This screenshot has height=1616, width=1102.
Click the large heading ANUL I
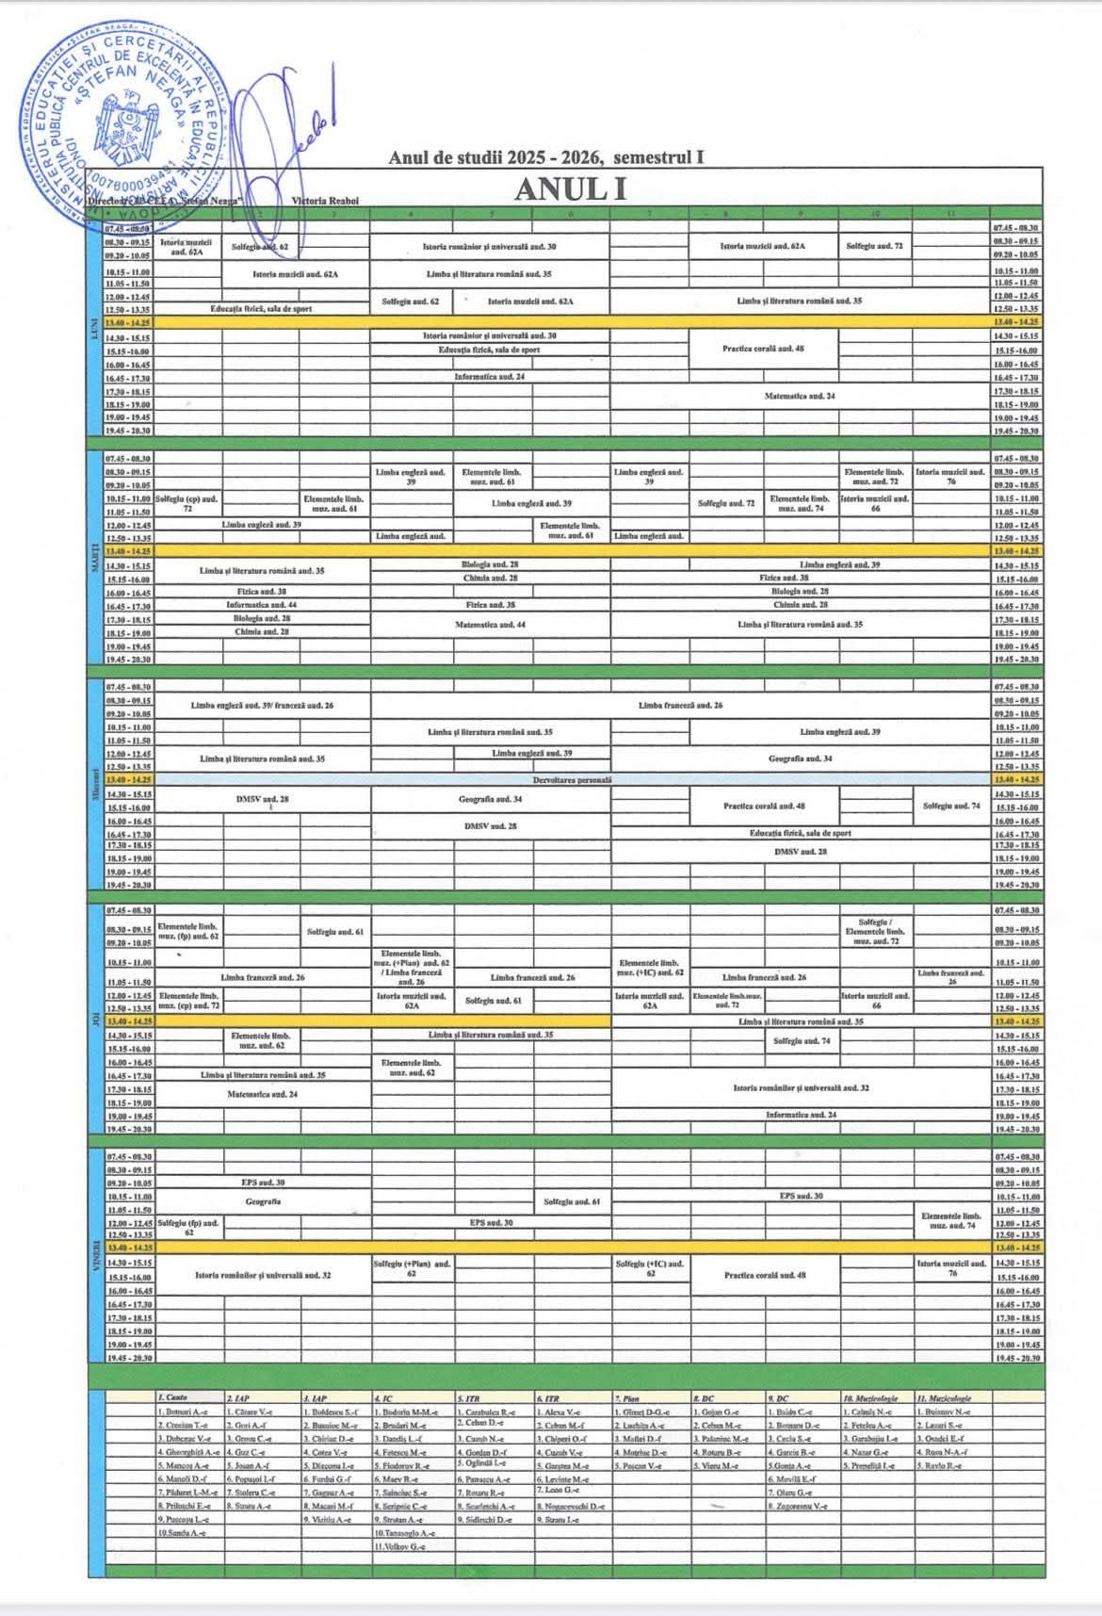(x=570, y=189)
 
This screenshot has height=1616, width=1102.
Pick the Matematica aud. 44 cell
(x=490, y=625)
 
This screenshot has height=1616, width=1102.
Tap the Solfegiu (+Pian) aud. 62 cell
(x=412, y=1268)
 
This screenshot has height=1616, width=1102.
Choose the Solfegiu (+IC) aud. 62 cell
(x=650, y=1268)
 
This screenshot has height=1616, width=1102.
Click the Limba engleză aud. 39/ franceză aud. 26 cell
(x=261, y=706)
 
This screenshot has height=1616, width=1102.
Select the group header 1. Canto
(x=174, y=1398)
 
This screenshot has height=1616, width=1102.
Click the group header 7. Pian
(x=628, y=1398)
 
